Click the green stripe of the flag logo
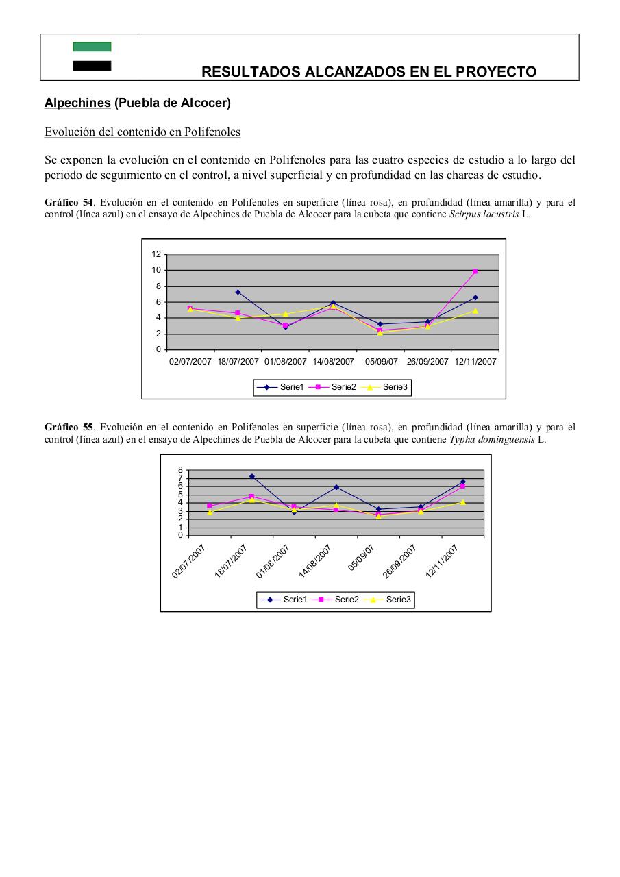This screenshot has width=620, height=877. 92,47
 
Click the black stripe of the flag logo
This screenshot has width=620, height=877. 92,66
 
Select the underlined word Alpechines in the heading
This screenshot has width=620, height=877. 77,103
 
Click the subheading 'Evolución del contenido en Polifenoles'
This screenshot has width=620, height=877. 142,132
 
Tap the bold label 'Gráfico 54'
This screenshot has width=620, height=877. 69,202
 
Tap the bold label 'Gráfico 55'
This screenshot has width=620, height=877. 69,427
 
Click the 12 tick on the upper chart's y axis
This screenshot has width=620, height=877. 156,254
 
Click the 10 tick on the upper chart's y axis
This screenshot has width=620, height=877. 156,270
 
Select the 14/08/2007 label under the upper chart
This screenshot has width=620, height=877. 333,361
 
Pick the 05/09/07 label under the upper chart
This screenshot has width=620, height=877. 382,361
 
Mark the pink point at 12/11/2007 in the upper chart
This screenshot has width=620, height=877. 475,271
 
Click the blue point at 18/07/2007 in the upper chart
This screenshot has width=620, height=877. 238,292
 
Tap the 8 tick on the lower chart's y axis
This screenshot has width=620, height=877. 180,470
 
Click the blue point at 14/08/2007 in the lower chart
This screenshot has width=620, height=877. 336,487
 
